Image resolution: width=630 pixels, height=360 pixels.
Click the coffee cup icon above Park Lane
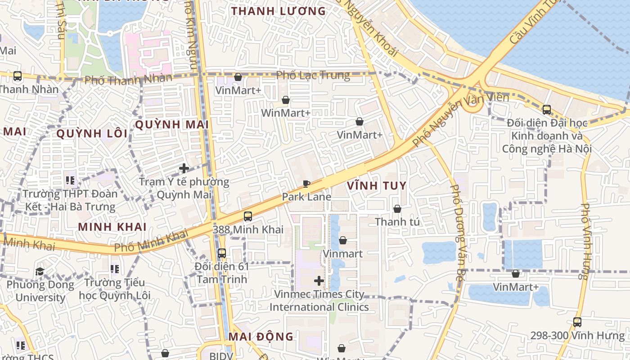pyautogui.click(x=306, y=184)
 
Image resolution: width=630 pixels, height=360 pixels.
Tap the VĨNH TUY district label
pyautogui.click(x=377, y=185)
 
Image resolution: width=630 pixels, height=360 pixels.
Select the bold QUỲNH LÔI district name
pyautogui.click(x=92, y=134)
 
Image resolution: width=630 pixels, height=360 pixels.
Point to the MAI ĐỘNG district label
pyautogui.click(x=261, y=337)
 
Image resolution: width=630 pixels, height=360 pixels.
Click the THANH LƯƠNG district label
pyautogui.click(x=278, y=11)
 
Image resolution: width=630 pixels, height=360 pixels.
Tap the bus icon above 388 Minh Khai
pyautogui.click(x=247, y=216)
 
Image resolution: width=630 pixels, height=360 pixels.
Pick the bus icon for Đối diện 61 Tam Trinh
pyautogui.click(x=221, y=253)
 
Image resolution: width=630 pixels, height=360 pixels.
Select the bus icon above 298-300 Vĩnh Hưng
pyautogui.click(x=577, y=322)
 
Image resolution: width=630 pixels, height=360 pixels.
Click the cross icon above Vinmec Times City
pyautogui.click(x=319, y=281)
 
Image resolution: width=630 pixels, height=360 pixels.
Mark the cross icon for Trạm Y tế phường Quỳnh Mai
pyautogui.click(x=184, y=169)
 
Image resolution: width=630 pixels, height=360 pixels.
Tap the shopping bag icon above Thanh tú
pyautogui.click(x=397, y=209)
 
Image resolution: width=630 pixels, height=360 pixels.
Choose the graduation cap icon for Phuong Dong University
pyautogui.click(x=40, y=271)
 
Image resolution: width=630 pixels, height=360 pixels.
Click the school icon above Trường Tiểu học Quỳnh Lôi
pyautogui.click(x=114, y=269)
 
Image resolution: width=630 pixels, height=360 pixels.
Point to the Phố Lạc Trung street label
pyautogui.click(x=313, y=75)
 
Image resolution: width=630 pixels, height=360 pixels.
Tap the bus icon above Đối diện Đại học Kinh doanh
pyautogui.click(x=546, y=109)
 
